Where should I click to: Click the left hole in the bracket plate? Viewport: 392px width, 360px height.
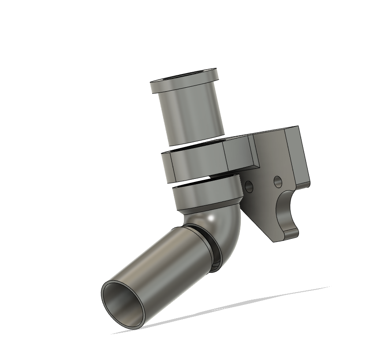(x=249, y=186)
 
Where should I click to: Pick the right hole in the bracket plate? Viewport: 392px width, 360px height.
(x=278, y=181)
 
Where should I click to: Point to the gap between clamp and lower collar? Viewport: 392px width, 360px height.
(x=194, y=180)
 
